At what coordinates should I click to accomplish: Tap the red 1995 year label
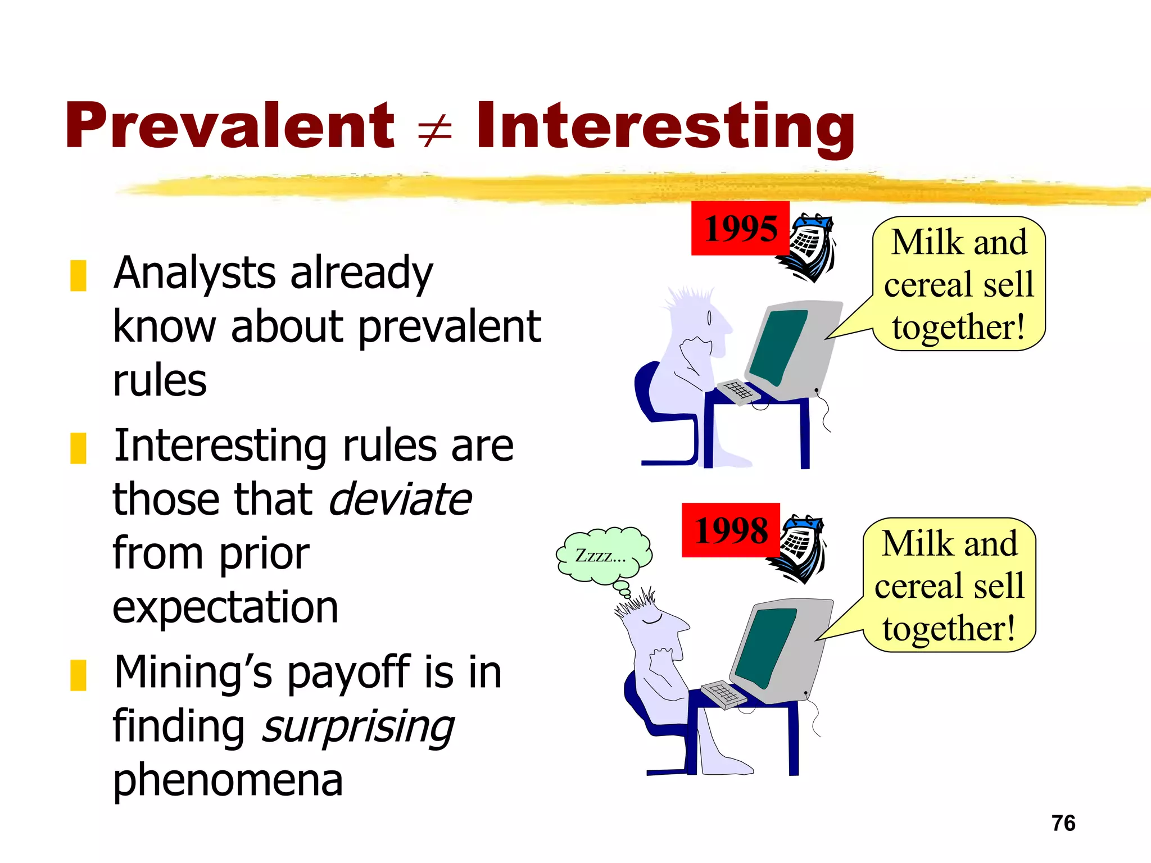pos(740,228)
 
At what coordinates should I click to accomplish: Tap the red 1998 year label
pos(731,530)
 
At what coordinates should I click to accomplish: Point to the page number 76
pos(1063,823)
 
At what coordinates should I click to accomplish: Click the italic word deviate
pos(400,499)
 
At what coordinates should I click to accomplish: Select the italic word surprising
pos(358,727)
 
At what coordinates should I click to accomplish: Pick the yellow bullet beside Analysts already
pos(78,275)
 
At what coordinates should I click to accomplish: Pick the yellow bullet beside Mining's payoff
pos(78,675)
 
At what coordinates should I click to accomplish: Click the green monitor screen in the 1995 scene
pos(778,346)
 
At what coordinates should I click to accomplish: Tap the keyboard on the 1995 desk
pos(738,390)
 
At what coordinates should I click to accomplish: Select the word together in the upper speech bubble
pos(958,328)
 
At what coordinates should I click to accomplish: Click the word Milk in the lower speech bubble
pos(910,544)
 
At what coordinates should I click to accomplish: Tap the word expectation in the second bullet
pos(225,607)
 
